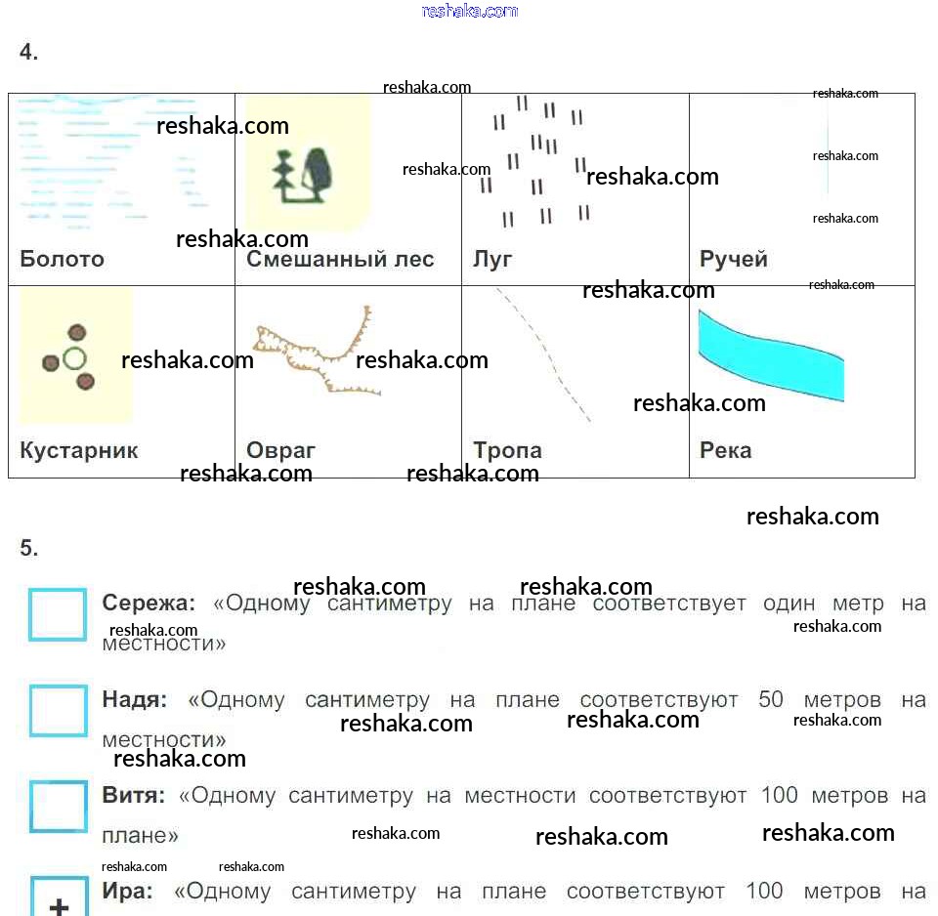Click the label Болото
click(x=62, y=259)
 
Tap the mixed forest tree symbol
click(x=304, y=176)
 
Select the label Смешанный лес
click(x=340, y=259)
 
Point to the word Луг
click(x=492, y=259)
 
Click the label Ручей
click(x=734, y=259)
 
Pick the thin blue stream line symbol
click(x=827, y=151)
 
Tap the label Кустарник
click(x=79, y=450)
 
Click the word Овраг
click(x=281, y=450)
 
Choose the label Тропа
click(x=507, y=450)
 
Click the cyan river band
click(x=771, y=355)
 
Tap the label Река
click(x=726, y=450)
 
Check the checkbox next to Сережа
click(x=58, y=615)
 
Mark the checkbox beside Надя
click(x=58, y=711)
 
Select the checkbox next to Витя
click(x=58, y=806)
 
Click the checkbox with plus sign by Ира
click(x=59, y=900)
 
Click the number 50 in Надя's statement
click(x=771, y=700)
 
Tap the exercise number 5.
click(x=29, y=548)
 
